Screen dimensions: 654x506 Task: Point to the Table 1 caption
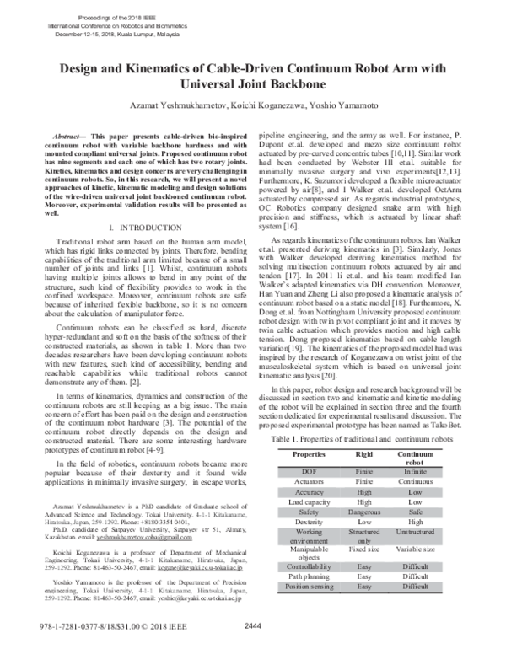[x=369, y=440]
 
